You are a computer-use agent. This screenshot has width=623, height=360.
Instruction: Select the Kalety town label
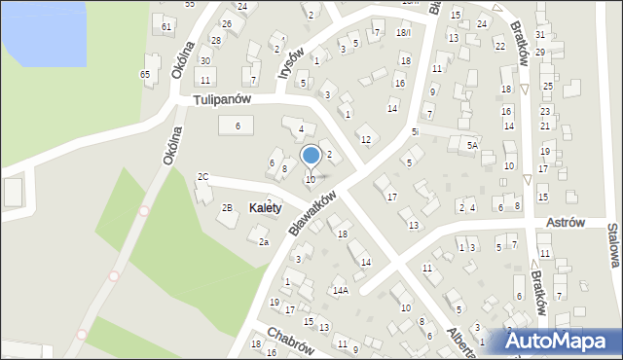pyautogui.click(x=265, y=207)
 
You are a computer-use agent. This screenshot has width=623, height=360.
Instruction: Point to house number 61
pyautogui.click(x=167, y=26)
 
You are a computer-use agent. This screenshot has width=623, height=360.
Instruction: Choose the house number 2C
pyautogui.click(x=202, y=177)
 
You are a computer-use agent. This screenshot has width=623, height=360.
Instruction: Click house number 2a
pyautogui.click(x=263, y=242)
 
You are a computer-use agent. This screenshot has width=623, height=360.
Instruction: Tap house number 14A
pyautogui.click(x=340, y=290)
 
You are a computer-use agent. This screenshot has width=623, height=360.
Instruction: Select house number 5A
pyautogui.click(x=472, y=145)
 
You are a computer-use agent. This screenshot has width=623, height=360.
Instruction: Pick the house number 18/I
pyautogui.click(x=403, y=33)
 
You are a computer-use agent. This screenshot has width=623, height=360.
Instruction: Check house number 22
pyautogui.click(x=499, y=46)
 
